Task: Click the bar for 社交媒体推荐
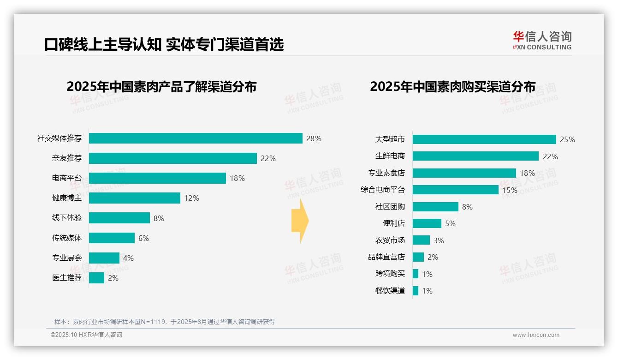coord(196,138)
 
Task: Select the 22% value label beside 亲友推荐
coord(268,158)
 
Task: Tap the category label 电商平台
coord(67,178)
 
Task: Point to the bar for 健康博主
coord(135,198)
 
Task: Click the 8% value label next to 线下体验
coord(159,218)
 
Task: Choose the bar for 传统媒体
coord(112,238)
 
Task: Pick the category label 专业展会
coord(67,258)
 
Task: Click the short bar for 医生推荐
coord(97,278)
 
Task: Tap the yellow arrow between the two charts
coord(300,221)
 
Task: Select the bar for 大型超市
coord(484,139)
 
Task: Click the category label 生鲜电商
coord(390,156)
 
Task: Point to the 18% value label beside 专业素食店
coord(527,173)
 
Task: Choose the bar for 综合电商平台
coord(456,190)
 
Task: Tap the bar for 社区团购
coord(435,207)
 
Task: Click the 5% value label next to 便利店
coord(450,223)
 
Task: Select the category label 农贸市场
coord(390,240)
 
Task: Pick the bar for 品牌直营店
coord(418,257)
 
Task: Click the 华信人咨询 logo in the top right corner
coord(542,40)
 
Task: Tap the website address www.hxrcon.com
coord(536,335)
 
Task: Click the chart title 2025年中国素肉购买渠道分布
coord(452,87)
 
